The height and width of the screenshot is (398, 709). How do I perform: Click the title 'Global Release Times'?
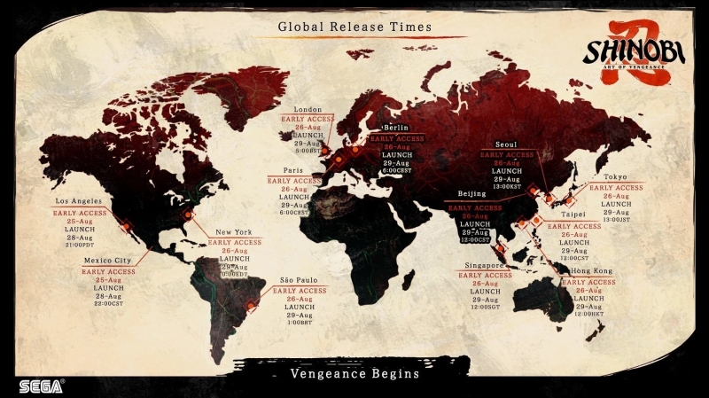[354, 27]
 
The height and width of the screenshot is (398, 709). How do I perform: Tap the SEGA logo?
[42, 386]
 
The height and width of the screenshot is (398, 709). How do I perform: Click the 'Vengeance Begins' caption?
[354, 374]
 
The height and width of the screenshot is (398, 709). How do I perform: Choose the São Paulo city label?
[299, 279]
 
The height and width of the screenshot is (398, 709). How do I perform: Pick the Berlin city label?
[396, 129]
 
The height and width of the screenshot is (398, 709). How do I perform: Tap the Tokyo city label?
[616, 177]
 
